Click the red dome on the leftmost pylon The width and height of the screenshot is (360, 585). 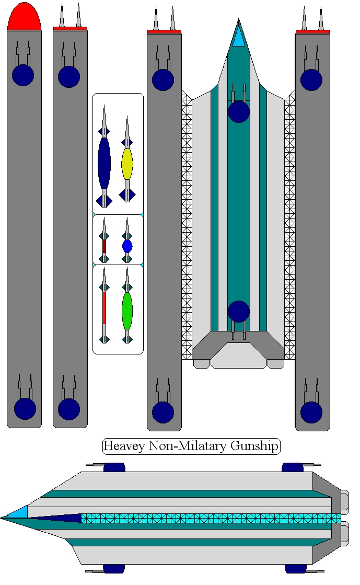[x=24, y=17]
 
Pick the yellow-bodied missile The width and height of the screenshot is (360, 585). [x=127, y=164]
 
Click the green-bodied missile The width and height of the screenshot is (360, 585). [x=127, y=311]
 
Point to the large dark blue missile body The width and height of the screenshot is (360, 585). [x=104, y=163]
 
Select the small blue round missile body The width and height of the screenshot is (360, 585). [x=127, y=246]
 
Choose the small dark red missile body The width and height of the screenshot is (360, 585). [x=104, y=246]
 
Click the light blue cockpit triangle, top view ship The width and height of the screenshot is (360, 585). [x=239, y=39]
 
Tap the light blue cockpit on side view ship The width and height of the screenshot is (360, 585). [x=19, y=512]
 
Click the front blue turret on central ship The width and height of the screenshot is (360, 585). [x=239, y=111]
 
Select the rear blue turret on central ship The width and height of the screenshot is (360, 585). [x=239, y=312]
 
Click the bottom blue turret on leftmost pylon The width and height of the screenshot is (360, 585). [x=25, y=408]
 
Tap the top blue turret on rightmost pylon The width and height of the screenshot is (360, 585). [x=311, y=79]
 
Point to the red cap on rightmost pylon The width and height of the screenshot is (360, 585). [x=312, y=31]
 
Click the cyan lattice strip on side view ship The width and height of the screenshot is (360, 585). [x=209, y=518]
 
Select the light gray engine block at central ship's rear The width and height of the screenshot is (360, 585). [x=238, y=357]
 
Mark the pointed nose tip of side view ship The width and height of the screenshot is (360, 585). [x=3, y=518]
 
